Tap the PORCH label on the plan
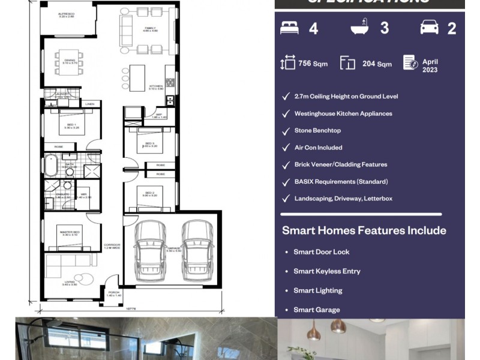point(114,294)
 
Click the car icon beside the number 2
point(429,28)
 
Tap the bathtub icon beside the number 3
point(359,28)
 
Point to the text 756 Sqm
point(313,64)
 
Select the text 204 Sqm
point(377,64)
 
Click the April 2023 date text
point(430,65)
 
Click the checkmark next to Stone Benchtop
point(286,130)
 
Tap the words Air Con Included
point(318,148)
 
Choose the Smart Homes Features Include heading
point(364,230)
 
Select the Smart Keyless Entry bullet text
point(326,271)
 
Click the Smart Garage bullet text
point(316,310)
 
